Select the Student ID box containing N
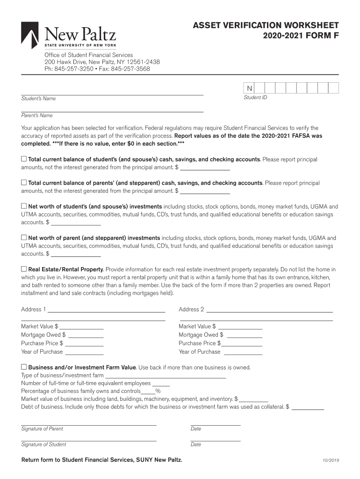(x=249, y=88)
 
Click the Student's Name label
(x=38, y=99)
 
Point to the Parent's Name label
(x=37, y=116)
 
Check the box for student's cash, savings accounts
(x=24, y=159)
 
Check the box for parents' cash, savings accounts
(x=24, y=183)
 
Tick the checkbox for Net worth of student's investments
(x=24, y=206)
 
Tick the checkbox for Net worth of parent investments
(x=24, y=238)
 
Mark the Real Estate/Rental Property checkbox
(x=24, y=269)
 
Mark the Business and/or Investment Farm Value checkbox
(x=24, y=367)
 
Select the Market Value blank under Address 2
(x=240, y=327)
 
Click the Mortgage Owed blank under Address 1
(x=86, y=336)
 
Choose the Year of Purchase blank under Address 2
(x=242, y=353)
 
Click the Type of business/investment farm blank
(x=166, y=376)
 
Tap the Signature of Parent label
(x=42, y=429)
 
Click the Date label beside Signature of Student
(x=196, y=445)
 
